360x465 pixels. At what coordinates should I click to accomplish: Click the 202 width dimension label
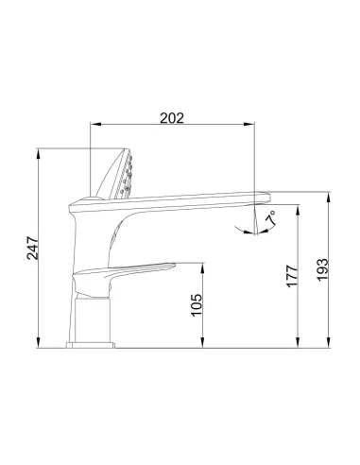171,118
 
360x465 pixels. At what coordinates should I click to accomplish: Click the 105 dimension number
197,303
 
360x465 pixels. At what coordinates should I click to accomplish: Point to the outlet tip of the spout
265,198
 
